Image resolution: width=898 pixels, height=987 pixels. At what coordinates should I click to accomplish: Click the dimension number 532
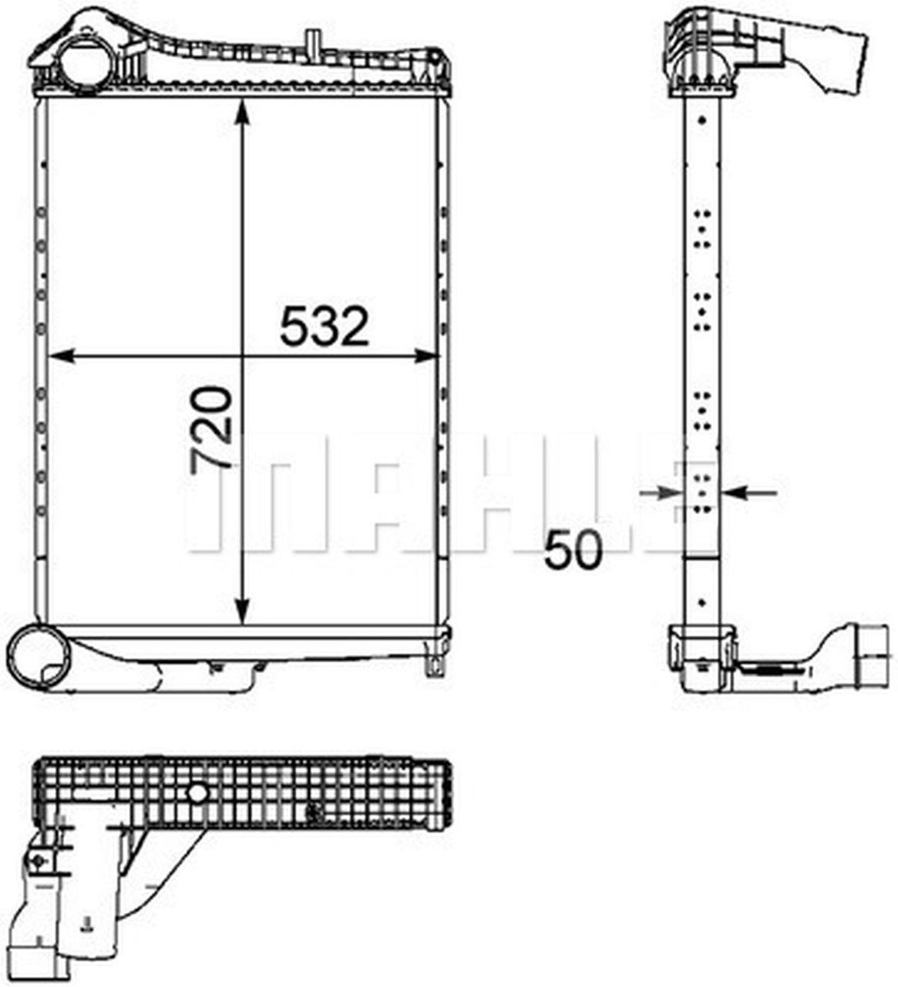click(325, 325)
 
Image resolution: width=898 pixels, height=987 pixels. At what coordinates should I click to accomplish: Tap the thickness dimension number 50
click(573, 550)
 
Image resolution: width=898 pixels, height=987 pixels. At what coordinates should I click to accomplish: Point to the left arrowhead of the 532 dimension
click(62, 355)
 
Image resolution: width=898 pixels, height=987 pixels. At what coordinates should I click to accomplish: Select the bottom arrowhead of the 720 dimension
click(242, 611)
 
